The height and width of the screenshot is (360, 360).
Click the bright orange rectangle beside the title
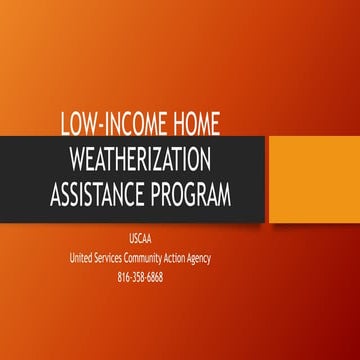pos(312,179)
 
